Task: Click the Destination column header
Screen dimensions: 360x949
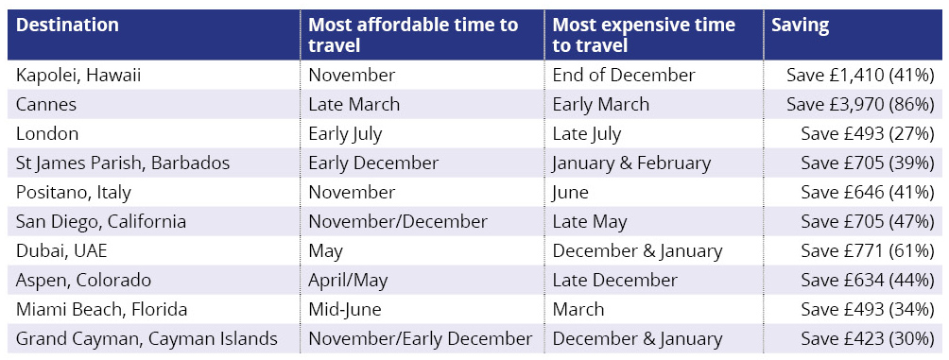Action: point(68,26)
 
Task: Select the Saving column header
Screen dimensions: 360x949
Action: point(800,26)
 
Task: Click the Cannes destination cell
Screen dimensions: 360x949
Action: point(47,104)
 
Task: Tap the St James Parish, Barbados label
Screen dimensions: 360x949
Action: point(123,163)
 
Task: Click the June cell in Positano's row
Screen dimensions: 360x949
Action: point(571,192)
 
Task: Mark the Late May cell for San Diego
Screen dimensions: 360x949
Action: point(591,221)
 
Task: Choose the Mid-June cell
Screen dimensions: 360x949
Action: point(344,309)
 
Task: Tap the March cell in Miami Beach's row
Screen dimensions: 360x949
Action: point(578,309)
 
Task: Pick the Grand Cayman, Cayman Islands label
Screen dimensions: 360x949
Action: point(147,338)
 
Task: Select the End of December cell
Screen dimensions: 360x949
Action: point(624,75)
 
